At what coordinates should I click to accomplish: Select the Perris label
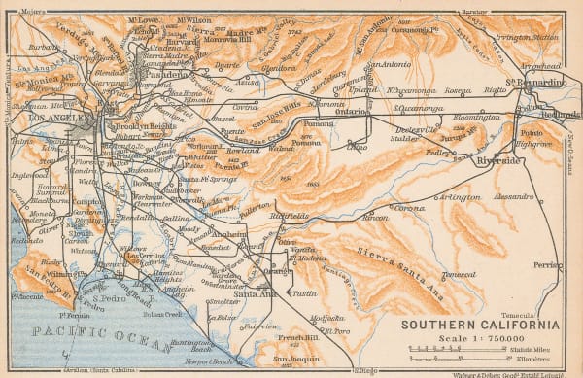[547, 265]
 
